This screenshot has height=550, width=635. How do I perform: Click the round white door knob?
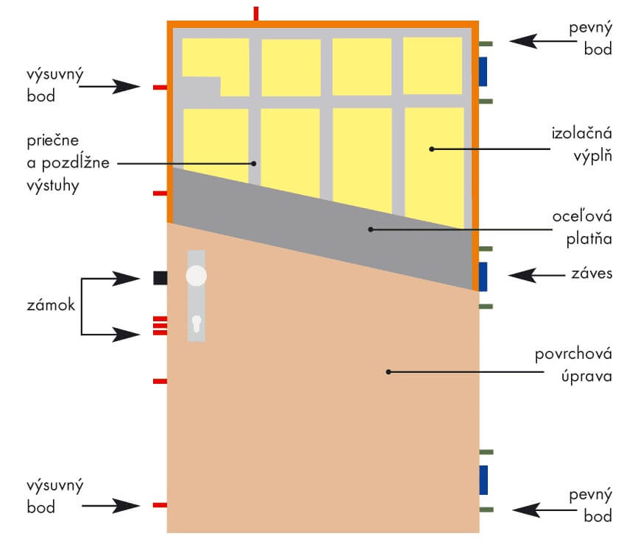(x=196, y=276)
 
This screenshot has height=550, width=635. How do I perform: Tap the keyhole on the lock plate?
(x=196, y=324)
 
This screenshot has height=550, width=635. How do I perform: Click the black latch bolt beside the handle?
(x=160, y=278)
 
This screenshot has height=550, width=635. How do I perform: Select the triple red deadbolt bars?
(x=160, y=326)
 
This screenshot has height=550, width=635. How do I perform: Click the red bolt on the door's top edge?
(x=256, y=13)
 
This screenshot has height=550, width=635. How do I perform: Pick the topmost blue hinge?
(x=483, y=71)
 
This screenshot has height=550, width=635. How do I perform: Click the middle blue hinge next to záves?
(x=483, y=276)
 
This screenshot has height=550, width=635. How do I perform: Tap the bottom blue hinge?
(x=483, y=480)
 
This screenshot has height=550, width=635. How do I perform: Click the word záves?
(x=592, y=274)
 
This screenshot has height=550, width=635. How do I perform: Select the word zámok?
(x=51, y=304)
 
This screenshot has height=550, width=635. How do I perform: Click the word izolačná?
(x=581, y=133)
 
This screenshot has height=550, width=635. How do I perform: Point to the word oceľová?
(x=582, y=216)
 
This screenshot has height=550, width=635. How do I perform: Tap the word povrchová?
(x=573, y=354)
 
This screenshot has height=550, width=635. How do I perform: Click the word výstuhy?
(x=53, y=186)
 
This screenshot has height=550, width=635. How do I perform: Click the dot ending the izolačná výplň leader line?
(x=432, y=149)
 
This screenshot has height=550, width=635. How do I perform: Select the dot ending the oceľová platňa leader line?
(x=371, y=229)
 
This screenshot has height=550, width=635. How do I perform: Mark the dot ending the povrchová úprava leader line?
(x=389, y=372)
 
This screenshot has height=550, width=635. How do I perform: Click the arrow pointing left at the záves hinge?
(x=536, y=275)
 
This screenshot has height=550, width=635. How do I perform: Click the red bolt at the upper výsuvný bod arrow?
(x=160, y=87)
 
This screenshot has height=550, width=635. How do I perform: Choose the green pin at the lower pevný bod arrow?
(x=486, y=510)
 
